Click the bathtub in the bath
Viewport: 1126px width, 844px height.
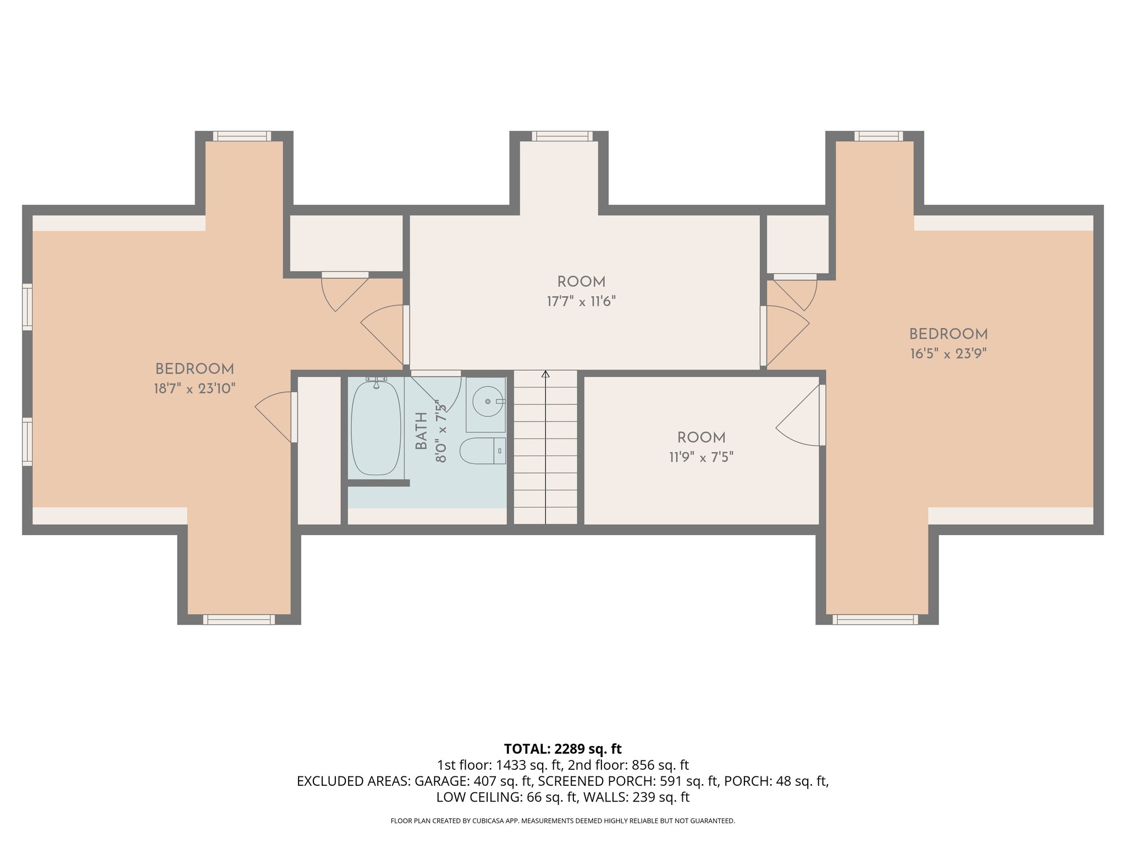[x=376, y=428]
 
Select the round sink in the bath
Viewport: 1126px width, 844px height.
[x=487, y=402]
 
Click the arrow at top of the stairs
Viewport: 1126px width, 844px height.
[x=545, y=375]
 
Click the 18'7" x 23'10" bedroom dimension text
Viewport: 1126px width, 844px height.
[x=195, y=389]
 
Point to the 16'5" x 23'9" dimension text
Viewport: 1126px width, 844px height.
[x=948, y=354]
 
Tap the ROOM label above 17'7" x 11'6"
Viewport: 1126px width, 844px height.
[x=581, y=282]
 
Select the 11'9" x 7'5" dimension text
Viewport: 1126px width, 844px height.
[x=701, y=457]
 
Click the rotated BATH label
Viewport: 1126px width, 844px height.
[x=422, y=431]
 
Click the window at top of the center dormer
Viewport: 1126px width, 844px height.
[x=562, y=136]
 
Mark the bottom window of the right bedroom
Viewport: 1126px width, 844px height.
[x=875, y=619]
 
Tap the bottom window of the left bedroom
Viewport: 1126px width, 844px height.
[x=239, y=619]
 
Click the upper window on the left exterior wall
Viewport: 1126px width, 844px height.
[x=27, y=307]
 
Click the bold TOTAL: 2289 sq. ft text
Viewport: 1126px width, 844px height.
[x=562, y=749]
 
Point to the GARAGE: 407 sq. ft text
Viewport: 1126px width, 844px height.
[x=473, y=781]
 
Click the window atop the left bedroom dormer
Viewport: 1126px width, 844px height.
[x=242, y=136]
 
